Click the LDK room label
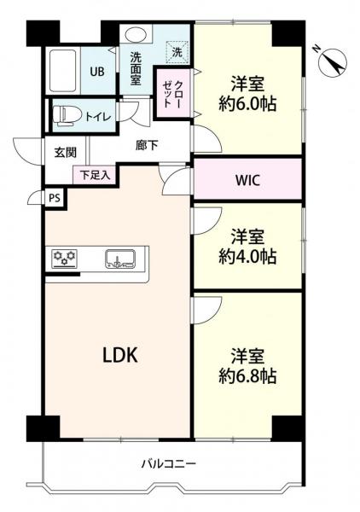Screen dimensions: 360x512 coord(120,355)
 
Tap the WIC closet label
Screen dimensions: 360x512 coord(247,180)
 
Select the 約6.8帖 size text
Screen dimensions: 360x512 coord(247,376)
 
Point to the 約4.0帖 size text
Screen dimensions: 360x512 coord(247,257)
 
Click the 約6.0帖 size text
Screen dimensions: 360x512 coord(247,104)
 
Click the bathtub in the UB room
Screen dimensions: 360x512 coord(63,71)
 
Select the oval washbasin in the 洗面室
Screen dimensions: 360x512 coord(136,33)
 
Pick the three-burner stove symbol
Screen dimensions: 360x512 coord(65,259)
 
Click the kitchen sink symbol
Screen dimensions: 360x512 coord(120,259)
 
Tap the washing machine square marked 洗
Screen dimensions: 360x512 coord(177,52)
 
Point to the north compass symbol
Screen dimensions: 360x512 coord(333,62)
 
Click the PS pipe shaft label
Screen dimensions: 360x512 coord(55,198)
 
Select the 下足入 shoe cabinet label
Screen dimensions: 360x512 coord(95,175)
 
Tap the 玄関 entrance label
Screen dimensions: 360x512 coord(66,152)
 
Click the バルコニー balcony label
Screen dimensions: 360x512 coord(169,463)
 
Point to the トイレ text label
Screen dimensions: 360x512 coord(98,117)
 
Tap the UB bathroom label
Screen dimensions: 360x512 coord(97,72)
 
